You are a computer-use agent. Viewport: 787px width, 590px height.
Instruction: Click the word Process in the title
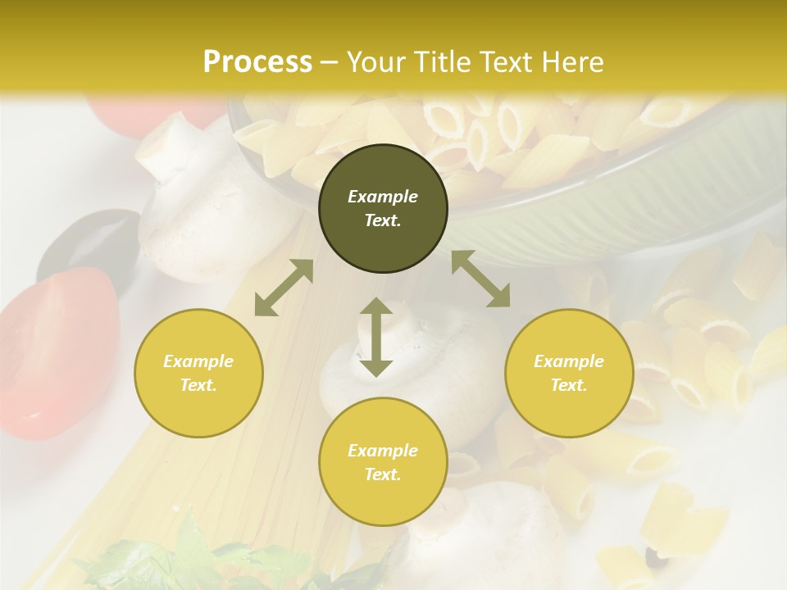click(257, 62)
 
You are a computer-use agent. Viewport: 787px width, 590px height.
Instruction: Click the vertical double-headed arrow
click(376, 337)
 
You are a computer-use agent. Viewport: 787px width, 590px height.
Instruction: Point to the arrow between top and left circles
click(284, 288)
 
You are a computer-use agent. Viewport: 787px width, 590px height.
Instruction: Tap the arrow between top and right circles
click(480, 279)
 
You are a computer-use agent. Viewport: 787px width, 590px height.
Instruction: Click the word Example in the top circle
click(383, 197)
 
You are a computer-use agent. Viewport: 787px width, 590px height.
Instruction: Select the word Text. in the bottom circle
click(383, 474)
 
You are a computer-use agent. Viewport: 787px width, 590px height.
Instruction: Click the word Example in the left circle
click(198, 361)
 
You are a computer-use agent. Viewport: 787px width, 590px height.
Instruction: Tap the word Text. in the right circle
click(569, 385)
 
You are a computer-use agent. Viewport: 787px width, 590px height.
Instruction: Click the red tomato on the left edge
click(57, 352)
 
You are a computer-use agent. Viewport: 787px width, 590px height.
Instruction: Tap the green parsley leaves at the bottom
click(189, 557)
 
